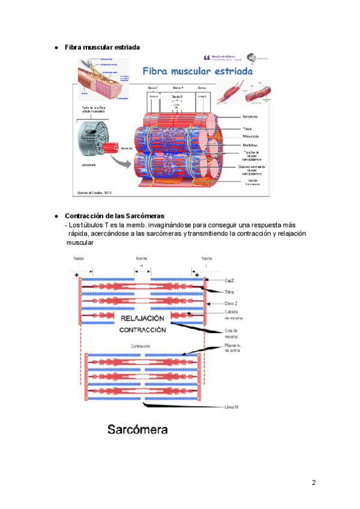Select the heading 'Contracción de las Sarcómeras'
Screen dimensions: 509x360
[x=115, y=215]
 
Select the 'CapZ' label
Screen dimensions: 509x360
[x=229, y=280]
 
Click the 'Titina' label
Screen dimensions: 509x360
[x=229, y=292]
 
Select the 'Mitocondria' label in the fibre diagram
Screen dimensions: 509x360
[x=251, y=136]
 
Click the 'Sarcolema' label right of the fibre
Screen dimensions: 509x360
[x=251, y=117]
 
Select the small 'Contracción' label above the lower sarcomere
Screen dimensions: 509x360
[x=140, y=347]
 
